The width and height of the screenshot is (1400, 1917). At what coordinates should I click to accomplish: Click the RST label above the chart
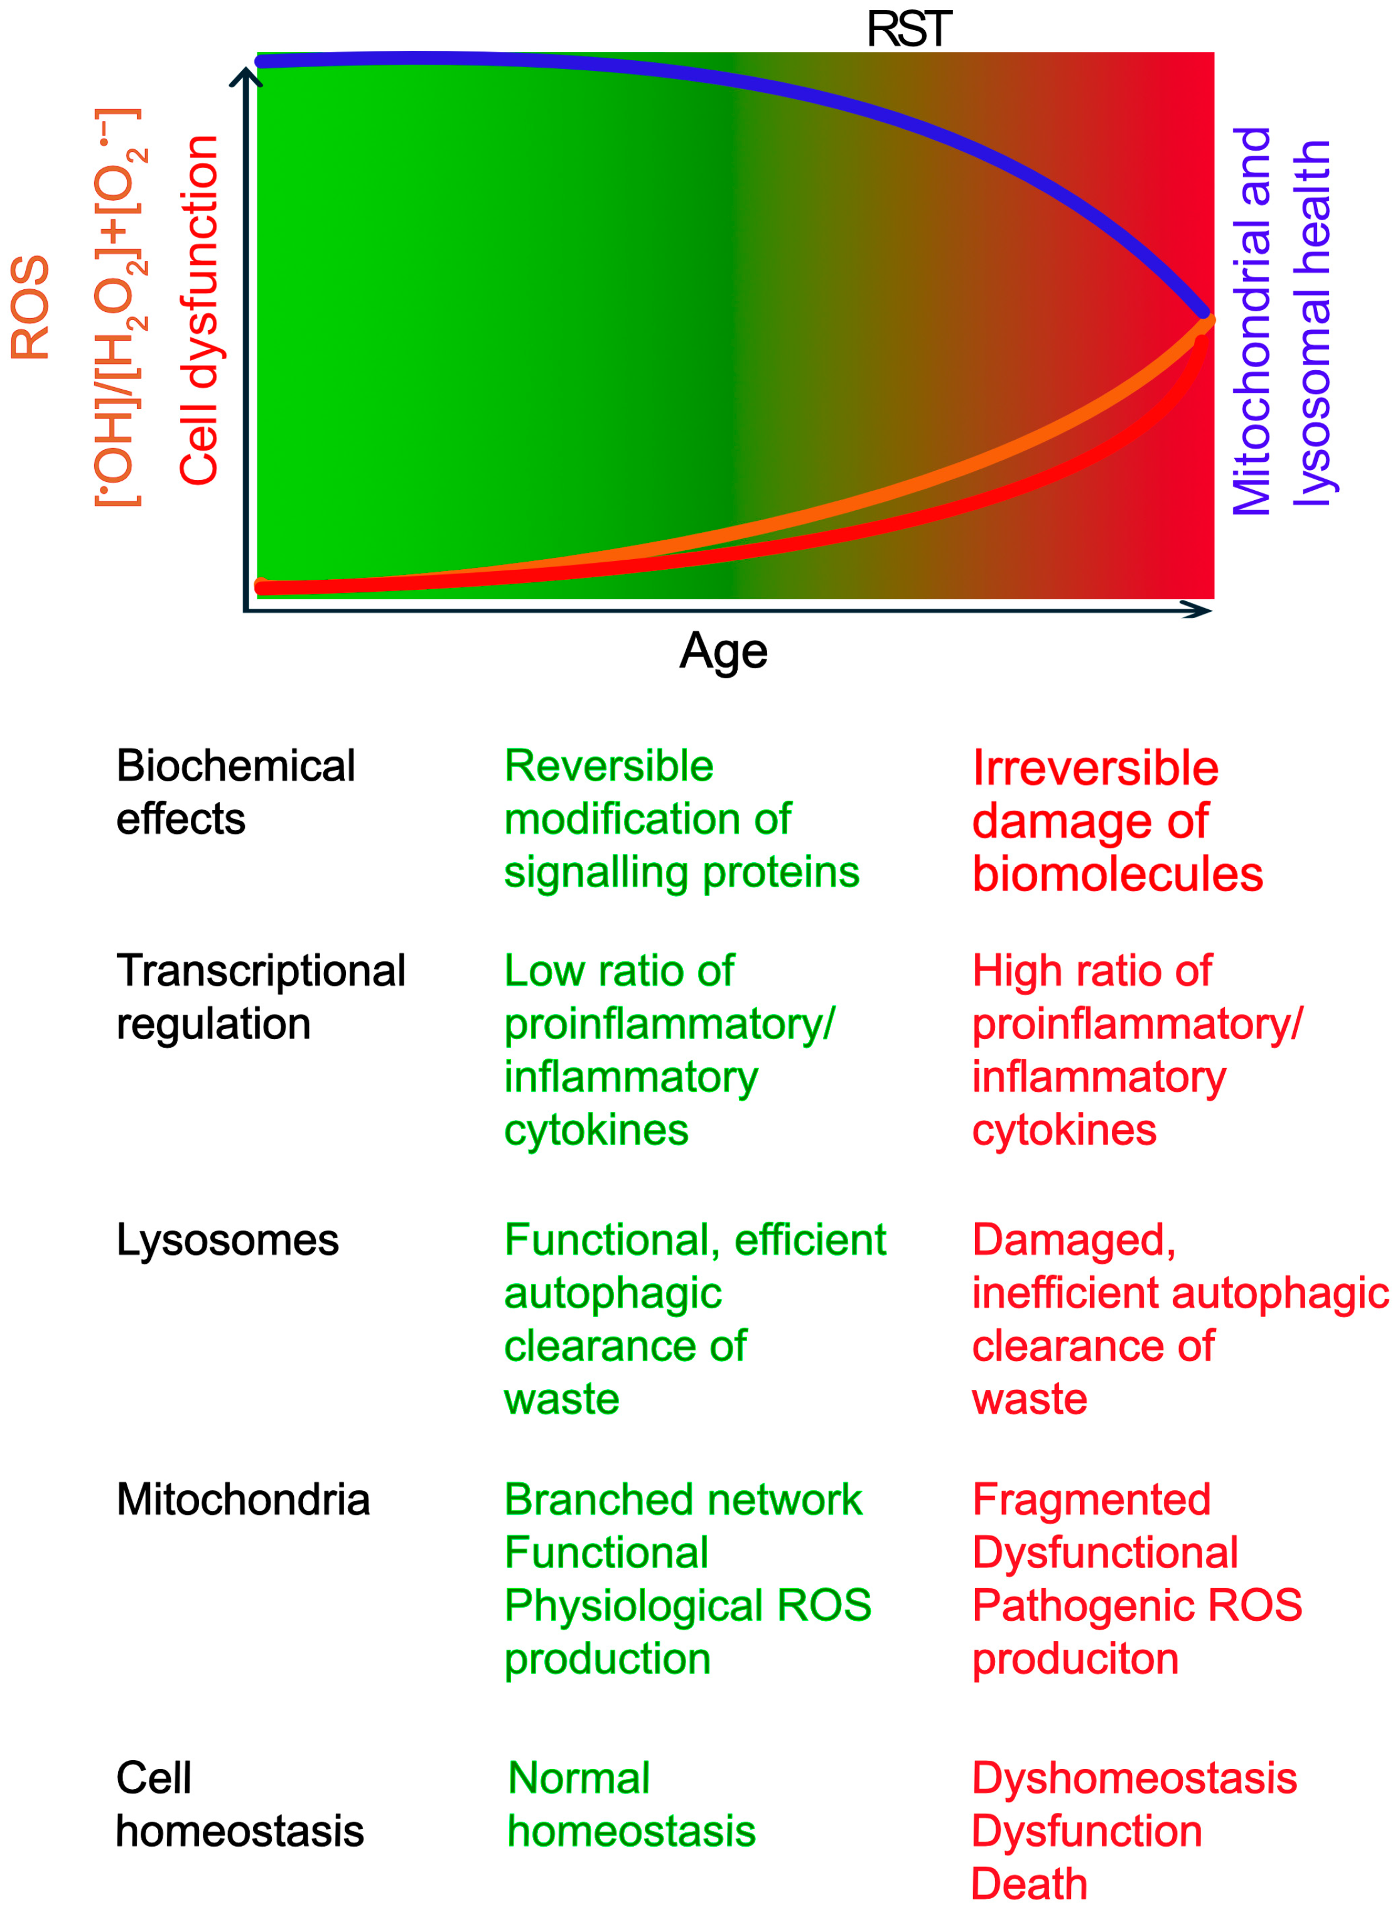[908, 29]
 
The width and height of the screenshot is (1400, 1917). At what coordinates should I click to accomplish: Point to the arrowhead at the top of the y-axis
[245, 75]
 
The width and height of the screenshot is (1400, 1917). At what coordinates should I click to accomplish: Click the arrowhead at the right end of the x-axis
[1199, 610]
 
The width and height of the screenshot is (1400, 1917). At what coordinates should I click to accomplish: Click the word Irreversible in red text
[1094, 768]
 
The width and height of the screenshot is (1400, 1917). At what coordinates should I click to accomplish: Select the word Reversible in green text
[608, 766]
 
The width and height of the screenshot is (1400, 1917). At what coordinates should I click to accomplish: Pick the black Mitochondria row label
[243, 1499]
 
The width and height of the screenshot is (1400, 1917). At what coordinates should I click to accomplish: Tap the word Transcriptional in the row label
[261, 971]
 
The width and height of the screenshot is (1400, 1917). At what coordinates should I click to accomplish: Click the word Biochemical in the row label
[235, 766]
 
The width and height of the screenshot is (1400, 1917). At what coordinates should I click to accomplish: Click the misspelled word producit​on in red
[1075, 1658]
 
